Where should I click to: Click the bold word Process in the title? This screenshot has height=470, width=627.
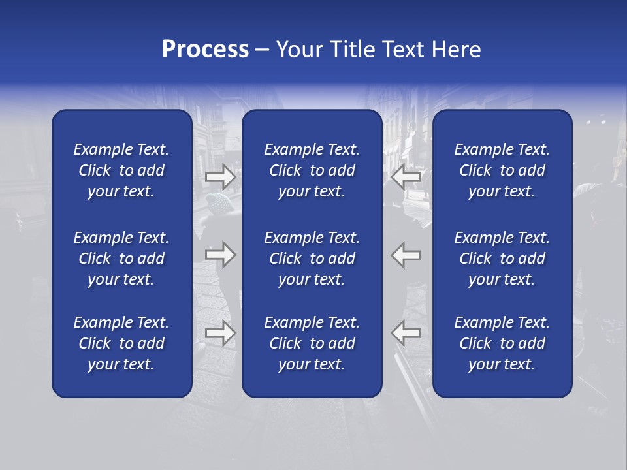click(205, 50)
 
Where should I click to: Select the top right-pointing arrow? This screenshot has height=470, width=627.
click(221, 176)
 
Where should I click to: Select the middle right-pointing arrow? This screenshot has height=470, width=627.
click(221, 255)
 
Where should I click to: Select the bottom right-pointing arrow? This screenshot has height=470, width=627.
click(221, 333)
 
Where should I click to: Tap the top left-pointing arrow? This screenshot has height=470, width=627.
click(406, 176)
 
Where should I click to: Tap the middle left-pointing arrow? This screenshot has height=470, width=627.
click(406, 255)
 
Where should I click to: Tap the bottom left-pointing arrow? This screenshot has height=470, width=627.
click(406, 333)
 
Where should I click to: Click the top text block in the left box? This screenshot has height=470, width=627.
click(121, 170)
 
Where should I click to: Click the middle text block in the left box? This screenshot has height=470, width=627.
click(121, 258)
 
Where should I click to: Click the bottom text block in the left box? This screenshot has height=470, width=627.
click(121, 343)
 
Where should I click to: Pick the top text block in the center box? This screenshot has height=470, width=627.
click(312, 170)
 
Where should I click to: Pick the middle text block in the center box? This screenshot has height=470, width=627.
click(312, 258)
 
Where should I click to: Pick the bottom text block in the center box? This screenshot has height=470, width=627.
click(312, 343)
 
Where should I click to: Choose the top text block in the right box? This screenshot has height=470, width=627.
click(502, 170)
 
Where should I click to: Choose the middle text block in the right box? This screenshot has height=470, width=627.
click(502, 258)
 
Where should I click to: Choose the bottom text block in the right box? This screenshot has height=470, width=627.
click(502, 343)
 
